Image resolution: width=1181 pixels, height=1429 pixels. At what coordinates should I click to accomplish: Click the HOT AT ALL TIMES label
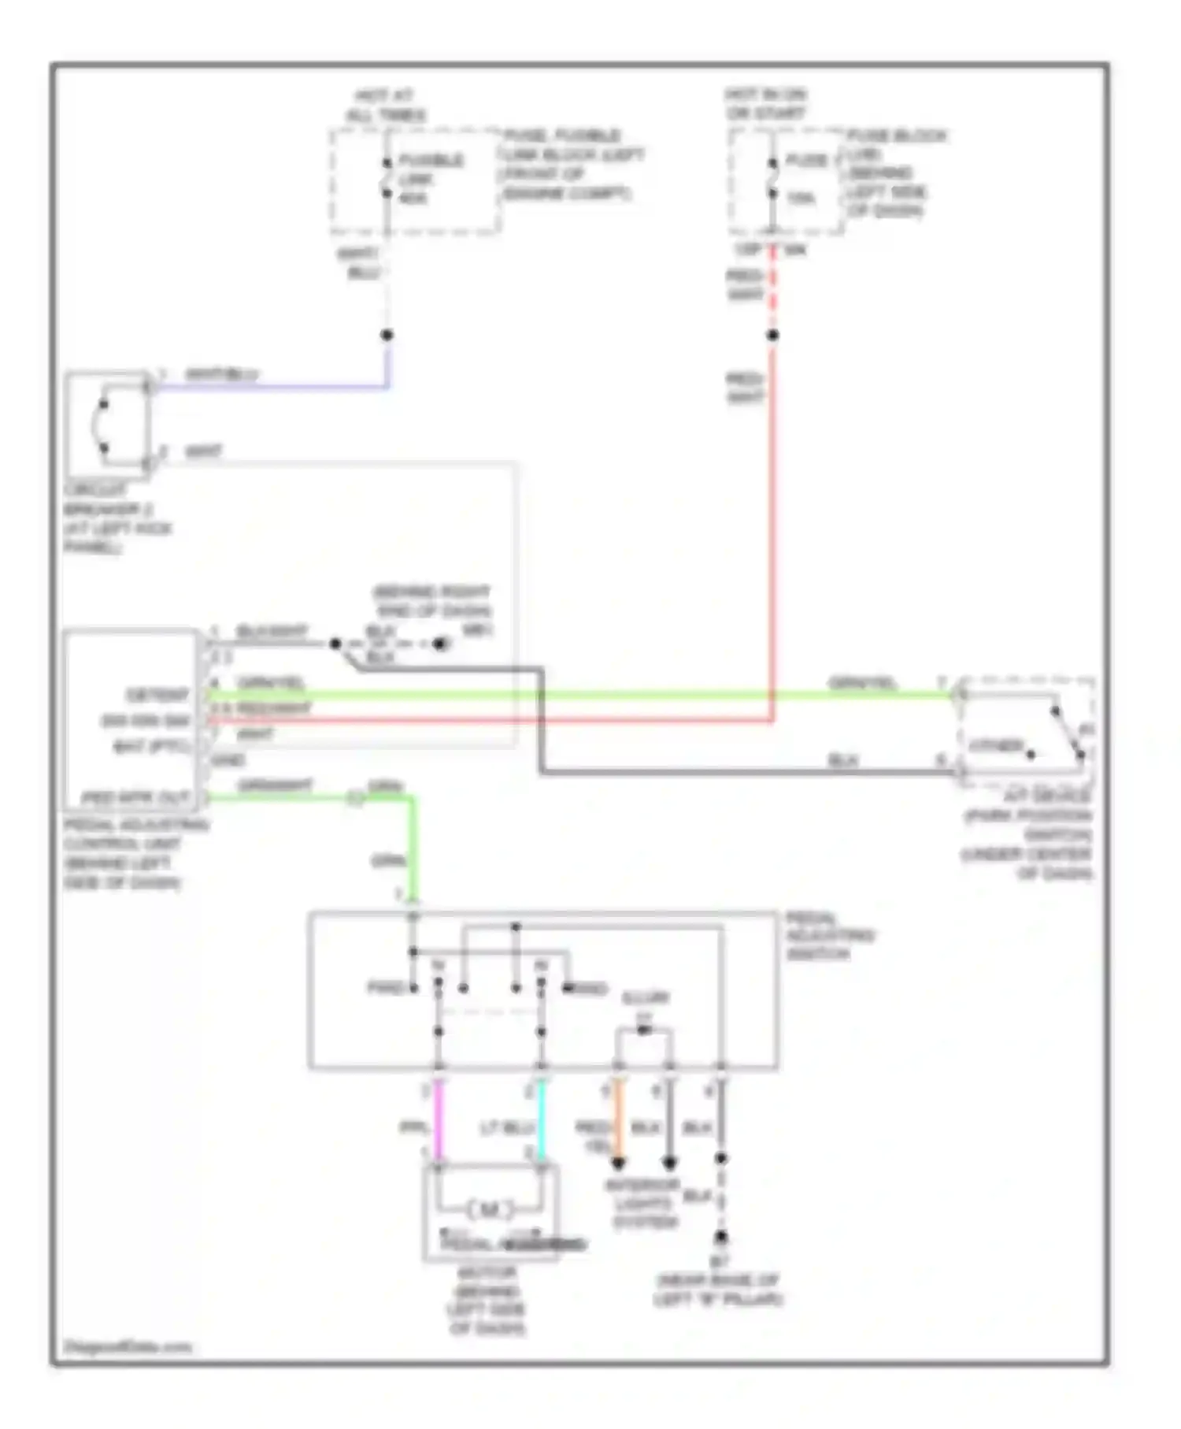[385, 106]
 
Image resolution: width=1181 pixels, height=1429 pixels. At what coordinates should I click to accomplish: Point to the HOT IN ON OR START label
[765, 104]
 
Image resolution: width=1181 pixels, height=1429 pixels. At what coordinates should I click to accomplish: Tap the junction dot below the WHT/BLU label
[387, 335]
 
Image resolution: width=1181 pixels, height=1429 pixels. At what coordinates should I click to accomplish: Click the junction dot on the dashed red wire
[772, 335]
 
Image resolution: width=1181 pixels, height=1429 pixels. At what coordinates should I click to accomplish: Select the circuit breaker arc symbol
[102, 426]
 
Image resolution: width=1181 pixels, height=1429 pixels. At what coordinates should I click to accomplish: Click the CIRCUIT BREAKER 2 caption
[117, 518]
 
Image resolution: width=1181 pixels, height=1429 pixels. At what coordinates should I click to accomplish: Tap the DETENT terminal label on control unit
[157, 695]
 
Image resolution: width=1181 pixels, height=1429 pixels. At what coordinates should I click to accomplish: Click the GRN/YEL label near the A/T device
[862, 683]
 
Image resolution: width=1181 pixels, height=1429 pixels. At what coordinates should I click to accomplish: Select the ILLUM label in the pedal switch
[645, 998]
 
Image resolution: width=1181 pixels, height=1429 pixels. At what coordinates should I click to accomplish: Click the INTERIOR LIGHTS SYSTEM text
[642, 1204]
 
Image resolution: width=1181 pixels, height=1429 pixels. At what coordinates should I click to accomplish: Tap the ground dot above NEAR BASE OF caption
[720, 1238]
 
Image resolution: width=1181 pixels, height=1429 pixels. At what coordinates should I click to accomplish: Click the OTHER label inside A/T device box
[995, 745]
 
